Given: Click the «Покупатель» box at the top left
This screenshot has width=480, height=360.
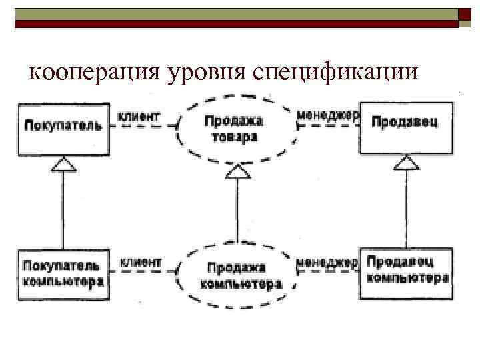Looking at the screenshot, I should coord(64,125).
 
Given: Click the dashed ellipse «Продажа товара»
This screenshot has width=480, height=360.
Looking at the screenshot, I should coord(234,129).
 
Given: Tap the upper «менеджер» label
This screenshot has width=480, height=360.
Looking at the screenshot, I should coord(327,115).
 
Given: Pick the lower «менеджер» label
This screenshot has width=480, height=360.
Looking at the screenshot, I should coord(327,262).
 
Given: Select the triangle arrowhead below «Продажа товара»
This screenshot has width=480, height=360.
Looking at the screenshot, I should coord(234,171).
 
